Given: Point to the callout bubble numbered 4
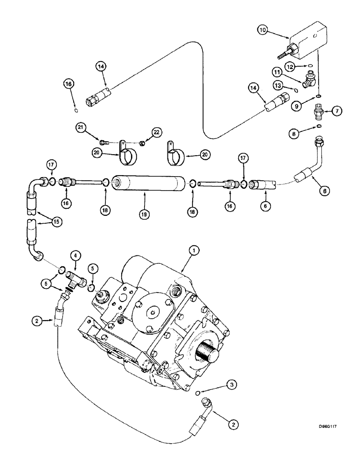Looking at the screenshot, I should [75, 255].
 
